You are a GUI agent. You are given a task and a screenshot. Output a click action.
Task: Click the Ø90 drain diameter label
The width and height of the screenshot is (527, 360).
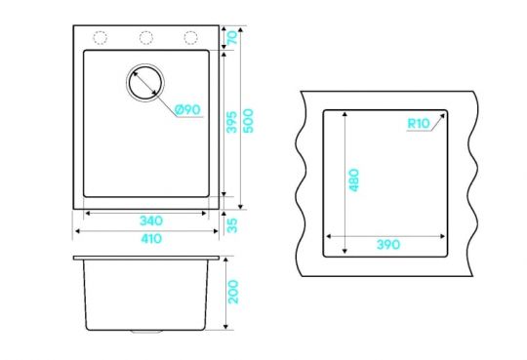(188, 109)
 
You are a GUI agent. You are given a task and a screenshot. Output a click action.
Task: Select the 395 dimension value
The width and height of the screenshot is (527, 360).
(231, 122)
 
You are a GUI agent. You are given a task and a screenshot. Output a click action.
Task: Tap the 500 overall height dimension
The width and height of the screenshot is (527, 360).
(248, 121)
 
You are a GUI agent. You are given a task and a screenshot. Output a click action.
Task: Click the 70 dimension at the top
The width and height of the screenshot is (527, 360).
(232, 37)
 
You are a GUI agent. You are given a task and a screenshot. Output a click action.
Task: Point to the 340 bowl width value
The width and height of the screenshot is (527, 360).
(151, 220)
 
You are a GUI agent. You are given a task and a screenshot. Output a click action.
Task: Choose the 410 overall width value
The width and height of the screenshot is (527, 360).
(151, 239)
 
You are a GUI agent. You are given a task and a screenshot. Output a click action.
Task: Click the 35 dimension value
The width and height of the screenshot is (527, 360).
(232, 225)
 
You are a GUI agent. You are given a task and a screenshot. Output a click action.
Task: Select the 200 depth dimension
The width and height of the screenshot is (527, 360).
(233, 292)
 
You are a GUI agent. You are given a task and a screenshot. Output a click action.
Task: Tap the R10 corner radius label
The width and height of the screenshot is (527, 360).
(419, 123)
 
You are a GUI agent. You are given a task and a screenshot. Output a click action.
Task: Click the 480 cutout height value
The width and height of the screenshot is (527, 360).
(354, 180)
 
